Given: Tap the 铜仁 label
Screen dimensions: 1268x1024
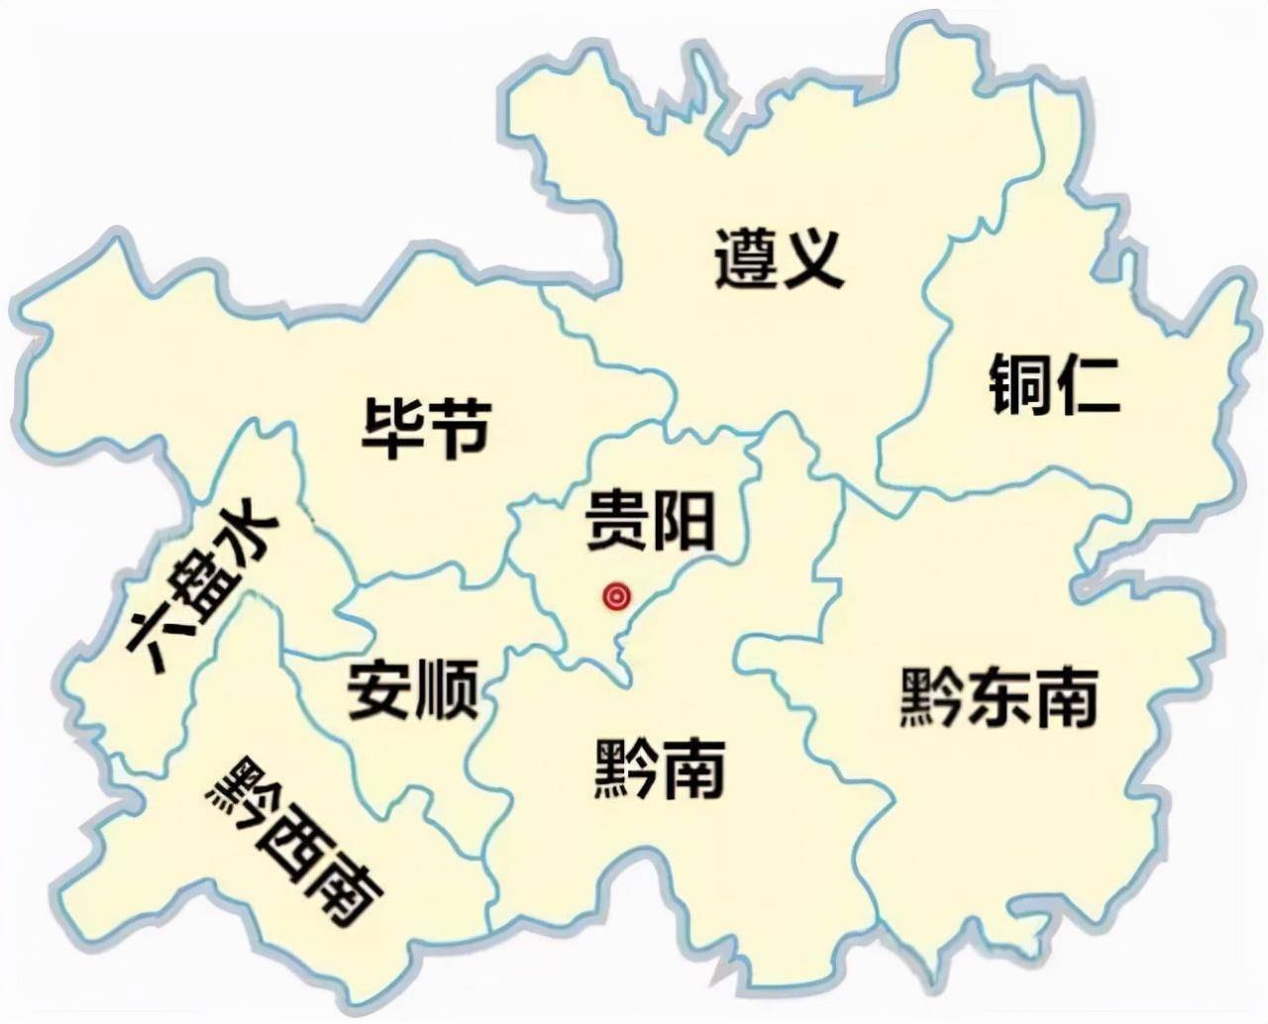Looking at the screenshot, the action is click(1054, 384).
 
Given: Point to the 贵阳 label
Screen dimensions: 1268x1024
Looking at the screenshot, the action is click(649, 519).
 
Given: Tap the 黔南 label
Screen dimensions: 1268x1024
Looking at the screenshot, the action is click(660, 768).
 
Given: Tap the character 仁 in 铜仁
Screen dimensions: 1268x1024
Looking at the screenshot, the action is click(1088, 384).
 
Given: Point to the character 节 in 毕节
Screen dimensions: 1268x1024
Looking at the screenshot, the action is click(458, 428).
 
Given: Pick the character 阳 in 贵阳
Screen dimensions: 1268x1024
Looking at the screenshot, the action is click(683, 519).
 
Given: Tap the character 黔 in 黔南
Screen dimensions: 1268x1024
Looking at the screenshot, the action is click(626, 768).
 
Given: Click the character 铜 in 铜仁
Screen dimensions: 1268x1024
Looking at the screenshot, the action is click(1020, 384).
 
